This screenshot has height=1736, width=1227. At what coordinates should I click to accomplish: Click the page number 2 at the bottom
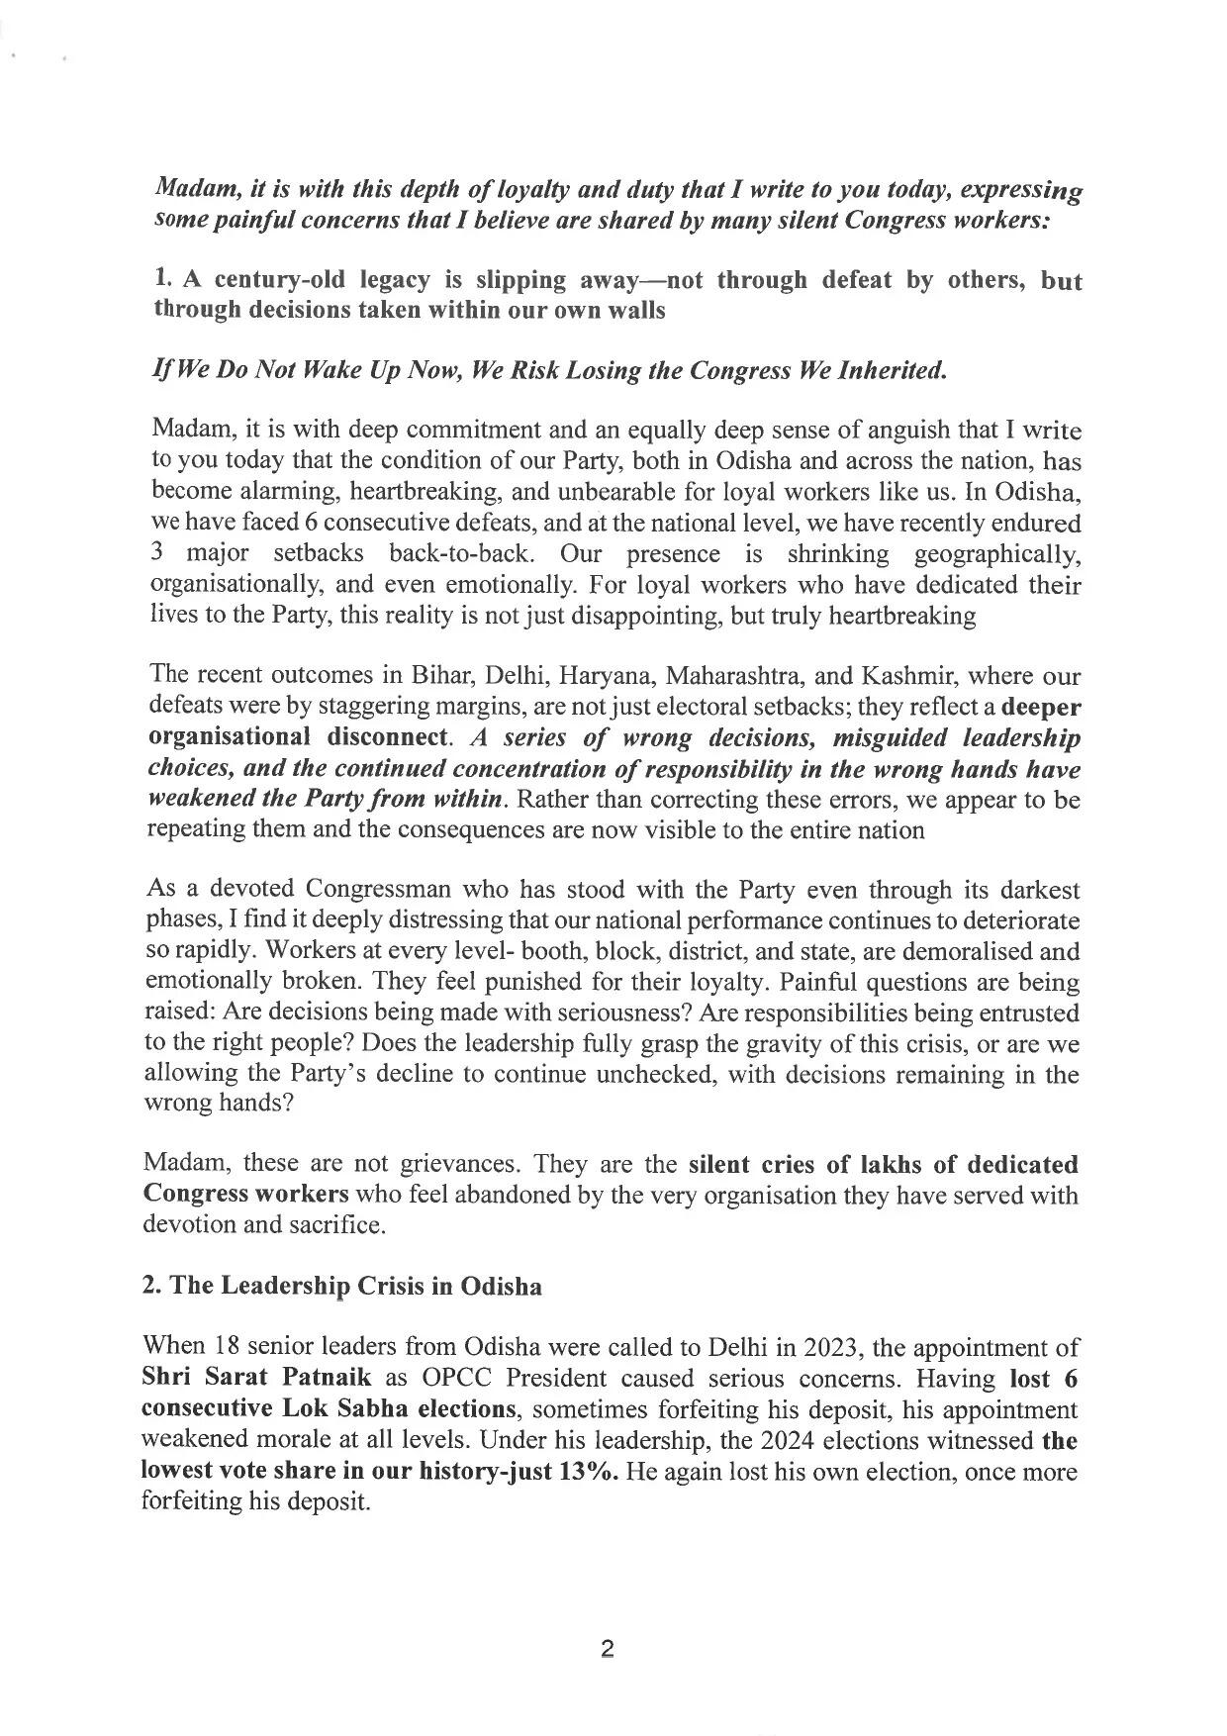(x=608, y=1649)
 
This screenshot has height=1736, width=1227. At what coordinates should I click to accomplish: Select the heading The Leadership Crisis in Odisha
(x=342, y=1286)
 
